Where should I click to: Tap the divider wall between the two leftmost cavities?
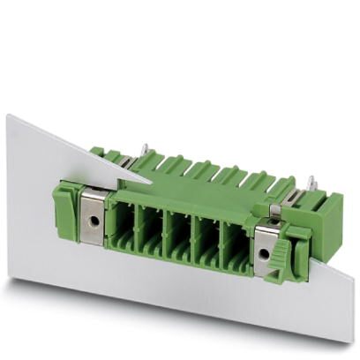tap(139, 225)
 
